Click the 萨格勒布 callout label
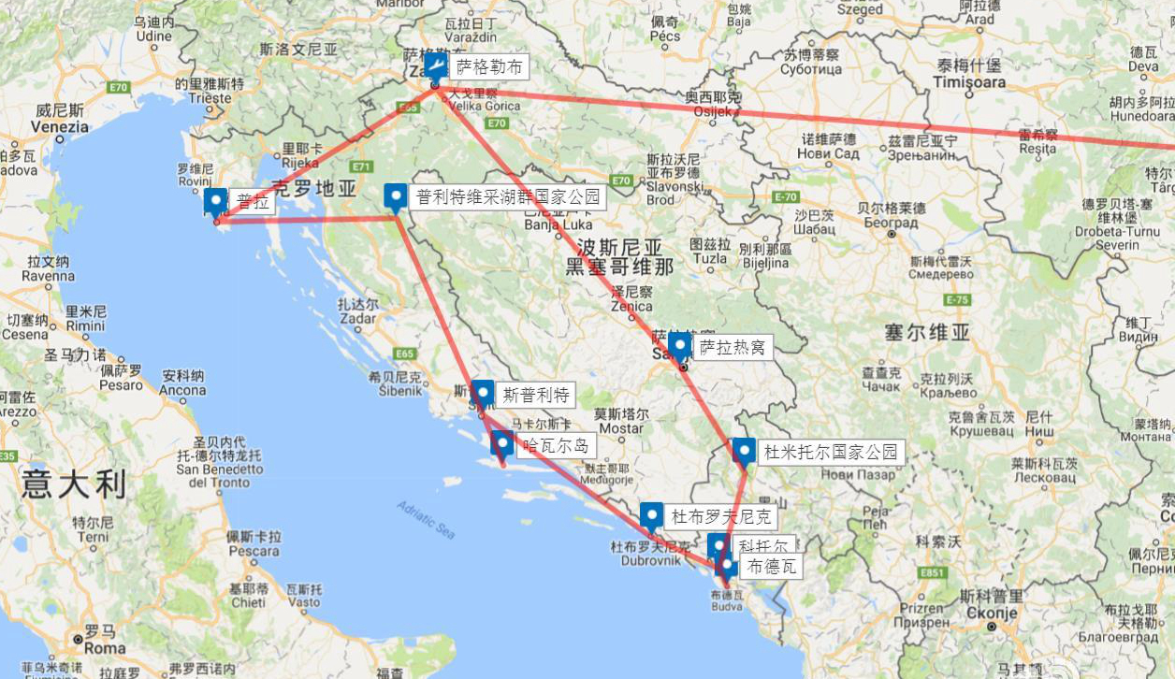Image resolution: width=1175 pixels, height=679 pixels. tap(489, 67)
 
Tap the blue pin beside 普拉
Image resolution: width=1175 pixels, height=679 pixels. tap(216, 201)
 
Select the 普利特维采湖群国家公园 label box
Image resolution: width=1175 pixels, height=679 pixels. tap(507, 197)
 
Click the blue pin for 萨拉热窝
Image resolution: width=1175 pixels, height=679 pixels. tap(680, 347)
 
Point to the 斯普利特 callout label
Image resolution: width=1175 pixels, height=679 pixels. tap(535, 395)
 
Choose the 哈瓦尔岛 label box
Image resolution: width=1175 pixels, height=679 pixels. tap(556, 445)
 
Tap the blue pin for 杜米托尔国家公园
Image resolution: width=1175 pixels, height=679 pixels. tap(744, 452)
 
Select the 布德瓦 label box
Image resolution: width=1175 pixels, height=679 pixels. tap(771, 567)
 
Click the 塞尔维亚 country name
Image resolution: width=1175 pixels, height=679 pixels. tap(927, 332)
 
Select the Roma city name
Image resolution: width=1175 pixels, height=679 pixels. tap(105, 647)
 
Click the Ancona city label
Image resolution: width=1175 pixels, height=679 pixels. tap(182, 390)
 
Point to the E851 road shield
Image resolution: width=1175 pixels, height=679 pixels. tap(932, 572)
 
